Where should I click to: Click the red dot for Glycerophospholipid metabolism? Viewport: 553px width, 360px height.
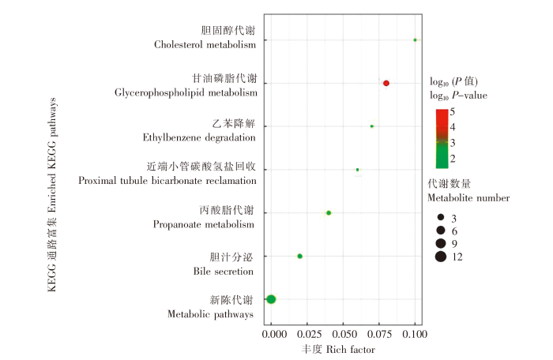coord(386,83)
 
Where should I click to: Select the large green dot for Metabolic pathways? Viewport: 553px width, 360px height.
coord(271,299)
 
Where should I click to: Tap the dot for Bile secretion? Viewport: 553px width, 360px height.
coord(299,256)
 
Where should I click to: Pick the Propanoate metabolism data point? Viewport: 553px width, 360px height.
coord(329,212)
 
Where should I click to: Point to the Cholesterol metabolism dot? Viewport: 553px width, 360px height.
coord(415,39)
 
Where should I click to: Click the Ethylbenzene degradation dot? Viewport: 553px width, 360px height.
coord(372,126)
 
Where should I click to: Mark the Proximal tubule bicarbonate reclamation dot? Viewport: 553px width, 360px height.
coord(358,170)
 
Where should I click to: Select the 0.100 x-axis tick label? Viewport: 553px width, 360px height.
coord(414,336)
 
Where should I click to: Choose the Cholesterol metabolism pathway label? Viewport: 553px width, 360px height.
coord(205,45)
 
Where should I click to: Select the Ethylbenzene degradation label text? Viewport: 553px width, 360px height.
coord(199,137)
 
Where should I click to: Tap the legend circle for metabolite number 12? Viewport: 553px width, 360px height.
coord(440,256)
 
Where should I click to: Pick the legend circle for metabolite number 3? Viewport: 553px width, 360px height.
coord(440,216)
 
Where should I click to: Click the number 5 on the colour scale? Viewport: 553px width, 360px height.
coord(453,112)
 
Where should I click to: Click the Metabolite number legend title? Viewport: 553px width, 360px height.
coord(460,196)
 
